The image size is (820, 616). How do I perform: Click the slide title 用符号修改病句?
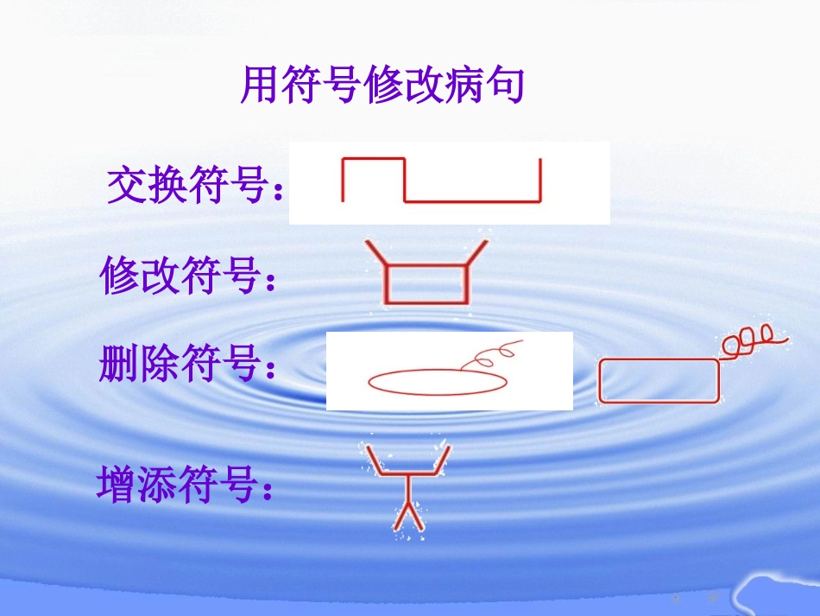point(382,86)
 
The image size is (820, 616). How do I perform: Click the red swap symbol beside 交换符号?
point(441,181)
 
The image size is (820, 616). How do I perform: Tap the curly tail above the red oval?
point(492,355)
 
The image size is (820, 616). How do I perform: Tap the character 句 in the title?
point(508,86)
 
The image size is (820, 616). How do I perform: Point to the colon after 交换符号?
point(277,193)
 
